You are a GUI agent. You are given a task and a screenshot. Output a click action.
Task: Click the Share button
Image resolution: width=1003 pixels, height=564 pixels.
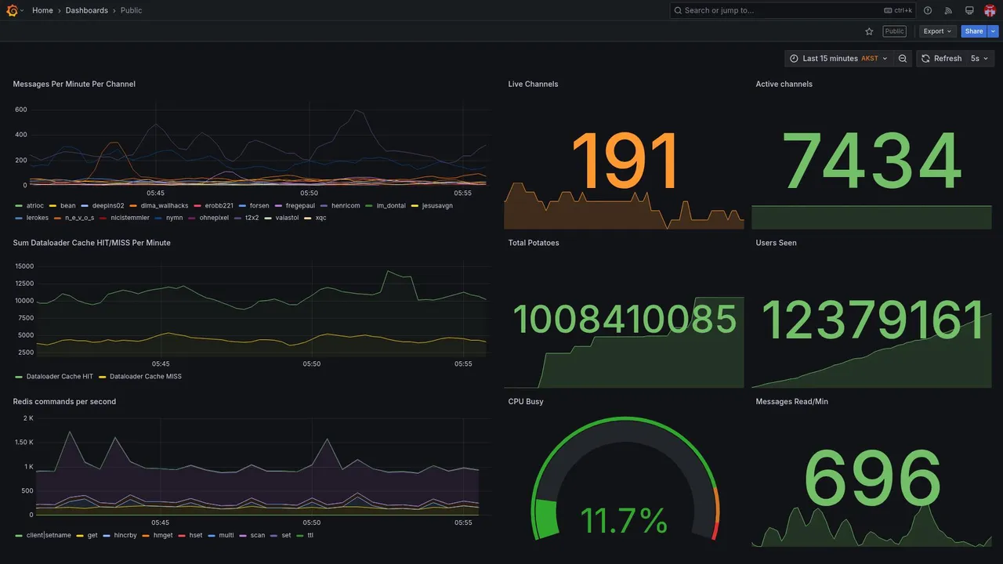(x=973, y=31)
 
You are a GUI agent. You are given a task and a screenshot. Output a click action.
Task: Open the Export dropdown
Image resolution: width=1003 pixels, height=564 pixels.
(x=937, y=31)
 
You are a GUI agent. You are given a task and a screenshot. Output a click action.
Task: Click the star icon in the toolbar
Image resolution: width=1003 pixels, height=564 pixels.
(x=869, y=31)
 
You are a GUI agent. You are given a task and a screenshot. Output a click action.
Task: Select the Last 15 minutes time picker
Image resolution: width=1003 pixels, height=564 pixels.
(x=838, y=59)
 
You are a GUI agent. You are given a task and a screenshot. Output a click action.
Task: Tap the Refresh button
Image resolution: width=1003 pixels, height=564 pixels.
(x=941, y=59)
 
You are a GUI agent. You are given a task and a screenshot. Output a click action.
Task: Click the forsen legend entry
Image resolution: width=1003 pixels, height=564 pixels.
(x=259, y=206)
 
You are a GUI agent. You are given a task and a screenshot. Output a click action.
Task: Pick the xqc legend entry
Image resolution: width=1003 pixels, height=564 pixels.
(x=320, y=218)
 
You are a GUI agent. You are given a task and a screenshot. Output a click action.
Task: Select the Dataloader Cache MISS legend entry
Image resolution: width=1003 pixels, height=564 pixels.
(x=146, y=377)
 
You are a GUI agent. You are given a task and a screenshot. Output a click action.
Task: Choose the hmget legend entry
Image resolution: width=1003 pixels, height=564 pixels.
(x=163, y=536)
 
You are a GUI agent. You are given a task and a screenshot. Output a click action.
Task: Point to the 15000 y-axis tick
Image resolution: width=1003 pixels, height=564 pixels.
(x=24, y=266)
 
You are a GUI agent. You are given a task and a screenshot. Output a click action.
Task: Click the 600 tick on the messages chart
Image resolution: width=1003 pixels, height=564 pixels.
(x=21, y=110)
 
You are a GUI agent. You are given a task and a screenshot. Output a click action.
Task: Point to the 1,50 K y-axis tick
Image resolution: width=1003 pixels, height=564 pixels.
(x=24, y=443)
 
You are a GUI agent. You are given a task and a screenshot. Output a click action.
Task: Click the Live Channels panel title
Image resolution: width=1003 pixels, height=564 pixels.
(x=533, y=84)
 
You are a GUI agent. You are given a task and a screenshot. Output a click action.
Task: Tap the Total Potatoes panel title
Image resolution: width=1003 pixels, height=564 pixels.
(x=534, y=243)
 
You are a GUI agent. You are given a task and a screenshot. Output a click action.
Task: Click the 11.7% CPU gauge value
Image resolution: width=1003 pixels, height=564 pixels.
(x=624, y=521)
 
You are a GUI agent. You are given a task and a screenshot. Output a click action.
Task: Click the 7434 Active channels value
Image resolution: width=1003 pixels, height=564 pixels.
(x=871, y=161)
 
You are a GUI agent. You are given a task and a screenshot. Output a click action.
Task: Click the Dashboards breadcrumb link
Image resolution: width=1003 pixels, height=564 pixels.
(x=87, y=10)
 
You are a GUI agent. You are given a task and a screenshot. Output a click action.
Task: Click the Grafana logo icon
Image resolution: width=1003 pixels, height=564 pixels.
(x=12, y=10)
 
